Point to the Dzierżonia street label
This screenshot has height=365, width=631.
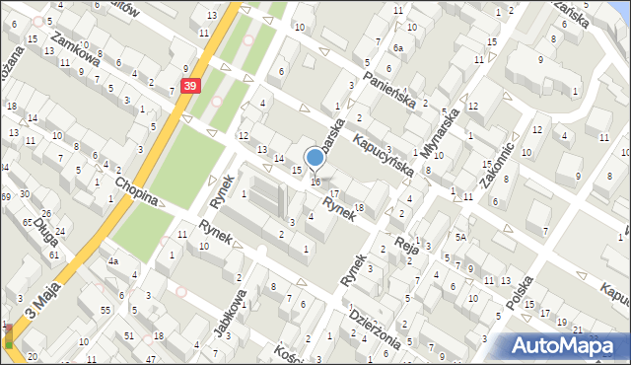click(376, 328)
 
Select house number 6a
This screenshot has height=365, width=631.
click(398, 47)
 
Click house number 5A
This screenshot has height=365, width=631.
click(460, 237)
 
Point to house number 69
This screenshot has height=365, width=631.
click(6, 198)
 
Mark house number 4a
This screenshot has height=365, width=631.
click(114, 261)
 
